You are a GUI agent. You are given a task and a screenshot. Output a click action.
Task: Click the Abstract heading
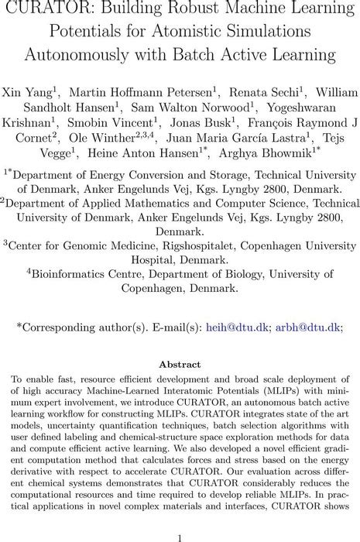tap(180, 363)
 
